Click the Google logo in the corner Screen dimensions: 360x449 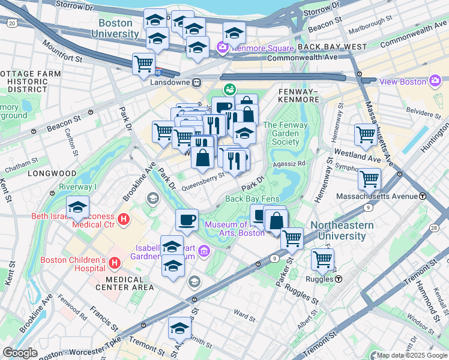coord(20,353)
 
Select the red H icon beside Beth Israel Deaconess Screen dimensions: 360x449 coord(124,220)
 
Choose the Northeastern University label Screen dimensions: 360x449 coord(342,230)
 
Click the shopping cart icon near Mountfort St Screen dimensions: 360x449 coord(143,63)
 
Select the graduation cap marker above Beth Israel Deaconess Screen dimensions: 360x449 coord(77,208)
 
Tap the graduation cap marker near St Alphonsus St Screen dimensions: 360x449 coord(179,328)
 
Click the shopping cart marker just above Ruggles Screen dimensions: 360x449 coord(322,259)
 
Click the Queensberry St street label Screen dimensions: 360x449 coord(202,177)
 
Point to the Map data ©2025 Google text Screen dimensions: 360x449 coord(411,355)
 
